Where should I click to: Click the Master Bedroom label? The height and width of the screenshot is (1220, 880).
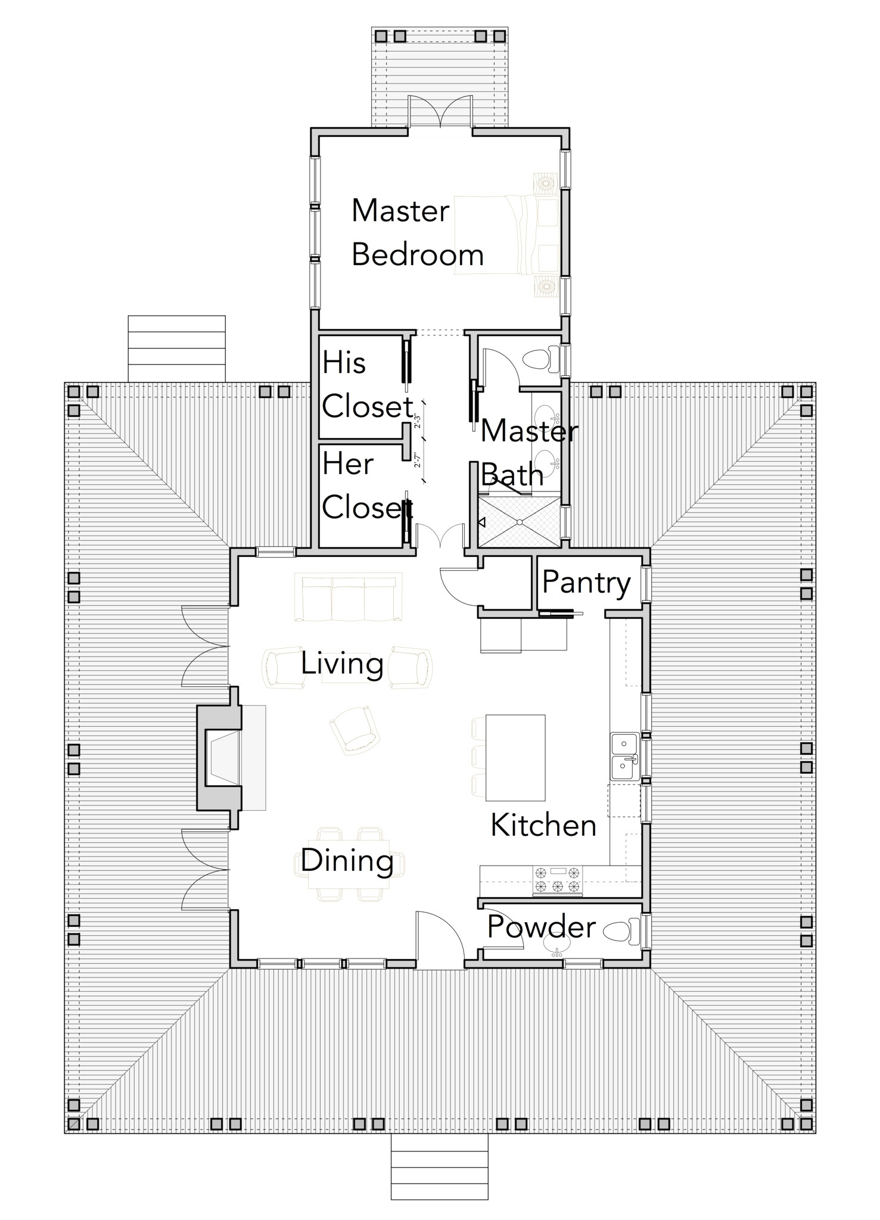point(417,232)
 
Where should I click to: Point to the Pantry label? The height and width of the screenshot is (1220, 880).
point(586,582)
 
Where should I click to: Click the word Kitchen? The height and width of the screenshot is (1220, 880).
point(543,825)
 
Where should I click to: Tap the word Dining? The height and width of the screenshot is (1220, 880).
point(347,860)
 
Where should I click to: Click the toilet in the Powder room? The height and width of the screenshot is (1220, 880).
point(623,930)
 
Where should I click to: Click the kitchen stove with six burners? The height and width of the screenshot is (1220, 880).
point(557,880)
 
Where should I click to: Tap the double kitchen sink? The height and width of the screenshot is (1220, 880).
point(624,756)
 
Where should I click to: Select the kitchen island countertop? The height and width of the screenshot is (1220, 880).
point(516,757)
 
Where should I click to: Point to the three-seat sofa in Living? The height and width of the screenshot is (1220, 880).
point(349,597)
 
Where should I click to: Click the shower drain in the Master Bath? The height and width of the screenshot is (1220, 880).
point(521,522)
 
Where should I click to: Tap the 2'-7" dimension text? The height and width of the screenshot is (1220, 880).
point(418,459)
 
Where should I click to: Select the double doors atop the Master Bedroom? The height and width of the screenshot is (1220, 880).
point(440,111)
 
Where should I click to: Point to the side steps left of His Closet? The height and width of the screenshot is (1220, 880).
point(176,348)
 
